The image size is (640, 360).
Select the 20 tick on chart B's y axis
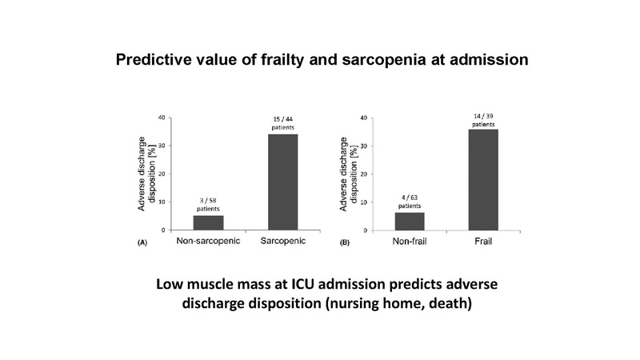click(365, 174)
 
